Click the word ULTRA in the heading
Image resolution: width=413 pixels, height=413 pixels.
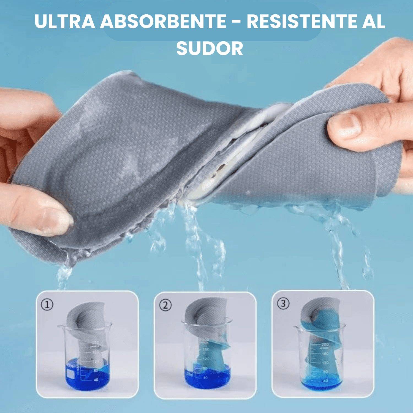(65, 21)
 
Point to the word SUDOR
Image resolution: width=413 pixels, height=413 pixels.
(210, 49)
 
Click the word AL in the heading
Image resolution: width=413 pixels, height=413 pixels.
(373, 21)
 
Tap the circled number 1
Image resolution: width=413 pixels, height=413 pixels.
(47, 305)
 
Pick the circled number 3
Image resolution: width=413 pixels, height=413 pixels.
(283, 304)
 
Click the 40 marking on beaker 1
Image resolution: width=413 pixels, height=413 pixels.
(96, 380)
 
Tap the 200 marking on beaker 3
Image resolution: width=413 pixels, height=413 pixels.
(325, 344)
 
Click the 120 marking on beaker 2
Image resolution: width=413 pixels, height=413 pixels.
(206, 359)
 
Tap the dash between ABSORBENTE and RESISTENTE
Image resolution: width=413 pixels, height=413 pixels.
(236, 21)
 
